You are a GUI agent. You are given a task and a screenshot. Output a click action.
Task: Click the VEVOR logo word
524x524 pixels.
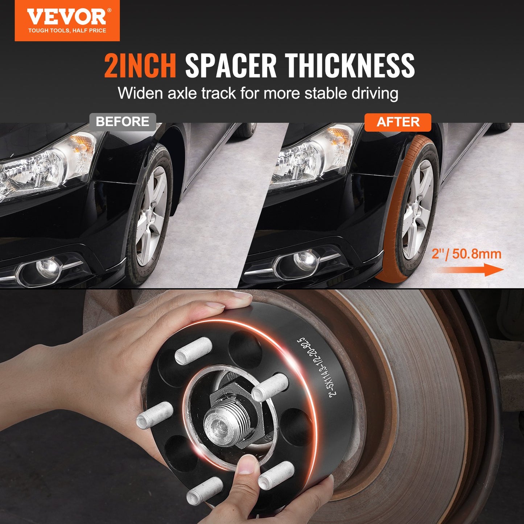67,17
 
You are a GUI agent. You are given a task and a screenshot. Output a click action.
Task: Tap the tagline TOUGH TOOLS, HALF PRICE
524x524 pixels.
67,31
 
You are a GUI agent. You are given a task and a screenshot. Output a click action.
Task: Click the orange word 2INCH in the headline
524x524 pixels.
140,66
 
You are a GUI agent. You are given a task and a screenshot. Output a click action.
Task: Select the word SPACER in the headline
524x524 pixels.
231,66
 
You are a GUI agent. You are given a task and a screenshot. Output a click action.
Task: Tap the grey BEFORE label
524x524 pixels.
123,121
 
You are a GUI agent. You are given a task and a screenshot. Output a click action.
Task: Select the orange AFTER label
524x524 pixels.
398,122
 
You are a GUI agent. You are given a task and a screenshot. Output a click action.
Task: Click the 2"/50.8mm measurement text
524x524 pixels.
466,254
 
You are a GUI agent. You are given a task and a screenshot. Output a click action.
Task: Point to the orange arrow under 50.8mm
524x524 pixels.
470,270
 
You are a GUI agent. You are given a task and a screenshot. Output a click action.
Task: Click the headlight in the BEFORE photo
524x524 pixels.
48,166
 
